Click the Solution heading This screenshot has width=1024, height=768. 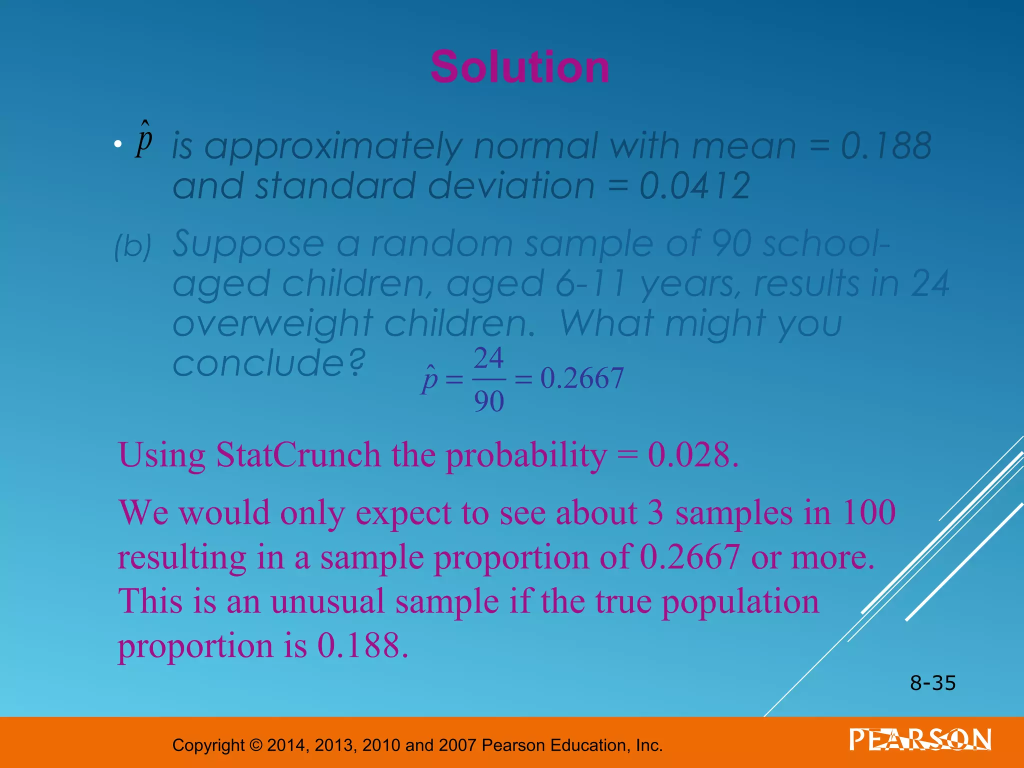click(520, 67)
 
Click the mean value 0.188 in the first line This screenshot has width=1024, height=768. click(886, 146)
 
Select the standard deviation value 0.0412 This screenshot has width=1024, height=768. click(694, 185)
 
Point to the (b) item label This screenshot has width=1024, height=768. click(132, 246)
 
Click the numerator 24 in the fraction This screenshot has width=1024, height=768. click(488, 358)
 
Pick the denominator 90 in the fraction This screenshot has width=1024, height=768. click(488, 401)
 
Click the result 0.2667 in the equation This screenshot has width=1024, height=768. click(582, 378)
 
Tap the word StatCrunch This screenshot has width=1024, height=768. click(298, 455)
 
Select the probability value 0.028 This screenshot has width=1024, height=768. click(692, 455)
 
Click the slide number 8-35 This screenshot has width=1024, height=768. click(932, 683)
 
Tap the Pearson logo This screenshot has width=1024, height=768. click(920, 740)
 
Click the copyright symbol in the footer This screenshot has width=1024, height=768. click(255, 745)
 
